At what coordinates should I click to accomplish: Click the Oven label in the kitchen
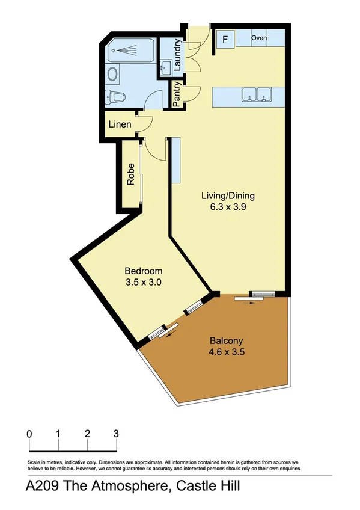pos(259,38)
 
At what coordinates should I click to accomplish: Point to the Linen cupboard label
pos(119,125)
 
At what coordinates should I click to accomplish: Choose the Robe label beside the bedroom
pos(130,174)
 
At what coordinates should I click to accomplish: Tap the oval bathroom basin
pos(112,75)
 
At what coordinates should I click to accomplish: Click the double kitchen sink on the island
pos(258,94)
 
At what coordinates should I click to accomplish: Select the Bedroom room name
pos(143,271)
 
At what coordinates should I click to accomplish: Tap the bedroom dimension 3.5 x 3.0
pos(143,281)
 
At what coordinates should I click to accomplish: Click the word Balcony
pos(226,339)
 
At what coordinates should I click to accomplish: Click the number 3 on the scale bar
pos(116,434)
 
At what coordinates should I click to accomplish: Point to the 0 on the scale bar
pos(29,434)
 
